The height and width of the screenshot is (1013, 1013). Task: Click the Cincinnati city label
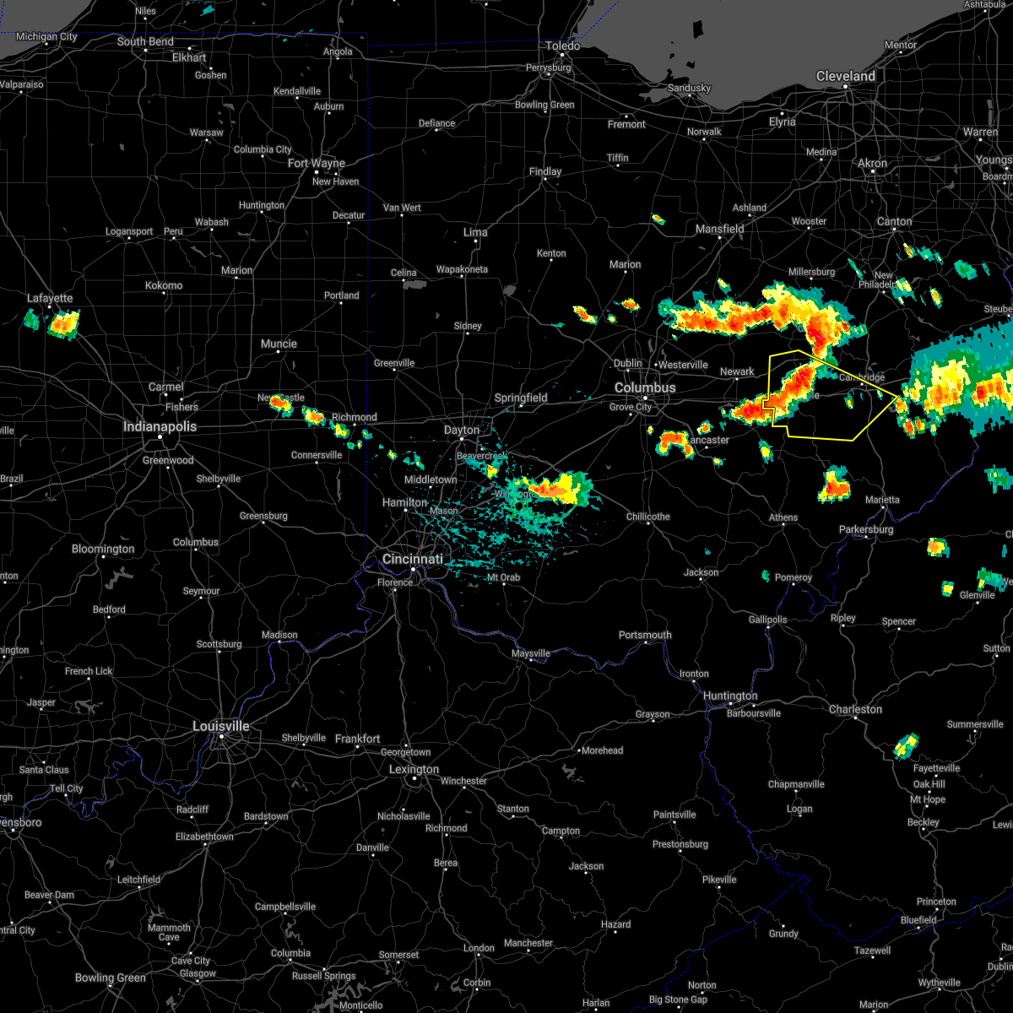(412, 560)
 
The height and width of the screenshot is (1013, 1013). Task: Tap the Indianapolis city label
(160, 427)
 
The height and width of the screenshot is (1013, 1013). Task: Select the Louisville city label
(221, 727)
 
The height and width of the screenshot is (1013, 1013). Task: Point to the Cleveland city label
(845, 77)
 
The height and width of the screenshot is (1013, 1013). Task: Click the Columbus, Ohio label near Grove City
(645, 388)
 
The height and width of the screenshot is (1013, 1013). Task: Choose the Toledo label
(563, 46)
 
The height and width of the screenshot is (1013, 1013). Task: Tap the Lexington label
(414, 770)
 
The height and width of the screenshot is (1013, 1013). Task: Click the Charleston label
(855, 710)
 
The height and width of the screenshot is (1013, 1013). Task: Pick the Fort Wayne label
(317, 164)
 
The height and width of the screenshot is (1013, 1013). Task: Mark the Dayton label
(462, 431)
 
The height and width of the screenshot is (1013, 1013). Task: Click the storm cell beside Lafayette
(61, 323)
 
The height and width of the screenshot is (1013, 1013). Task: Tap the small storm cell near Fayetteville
(906, 745)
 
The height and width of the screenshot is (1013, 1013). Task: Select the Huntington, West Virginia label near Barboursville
(730, 696)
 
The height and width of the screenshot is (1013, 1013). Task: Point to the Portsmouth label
(645, 636)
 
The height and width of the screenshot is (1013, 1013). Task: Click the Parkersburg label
(865, 530)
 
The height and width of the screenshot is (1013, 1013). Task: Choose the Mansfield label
(719, 229)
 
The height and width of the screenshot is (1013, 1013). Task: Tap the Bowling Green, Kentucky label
(111, 978)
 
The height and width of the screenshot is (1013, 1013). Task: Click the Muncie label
(279, 344)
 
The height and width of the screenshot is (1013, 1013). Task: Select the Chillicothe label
(648, 517)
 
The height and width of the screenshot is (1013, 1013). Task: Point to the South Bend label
(145, 42)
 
